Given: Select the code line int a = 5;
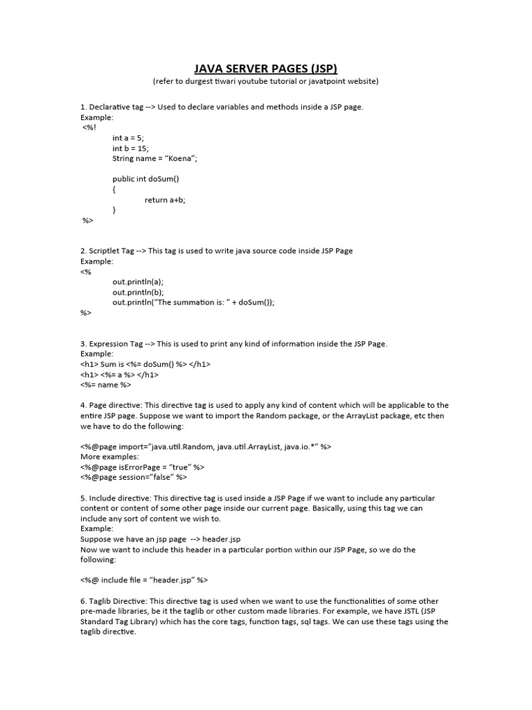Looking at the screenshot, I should (128, 138).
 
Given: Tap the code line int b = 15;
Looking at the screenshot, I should (130, 148).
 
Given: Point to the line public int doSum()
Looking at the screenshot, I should (145, 179).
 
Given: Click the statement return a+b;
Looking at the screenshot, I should (165, 200).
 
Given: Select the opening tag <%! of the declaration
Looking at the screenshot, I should (89, 128).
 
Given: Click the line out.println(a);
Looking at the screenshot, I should (138, 282).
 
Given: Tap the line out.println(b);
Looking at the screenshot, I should (138, 292).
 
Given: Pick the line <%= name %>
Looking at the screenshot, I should (105, 385).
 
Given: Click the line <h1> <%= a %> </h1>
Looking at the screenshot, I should (119, 374).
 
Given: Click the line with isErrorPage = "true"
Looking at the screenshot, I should (142, 467).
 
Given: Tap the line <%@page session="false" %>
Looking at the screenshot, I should (134, 477).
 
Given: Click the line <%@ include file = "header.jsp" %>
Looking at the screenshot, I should (144, 580).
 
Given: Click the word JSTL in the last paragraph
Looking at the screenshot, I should (405, 612).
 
